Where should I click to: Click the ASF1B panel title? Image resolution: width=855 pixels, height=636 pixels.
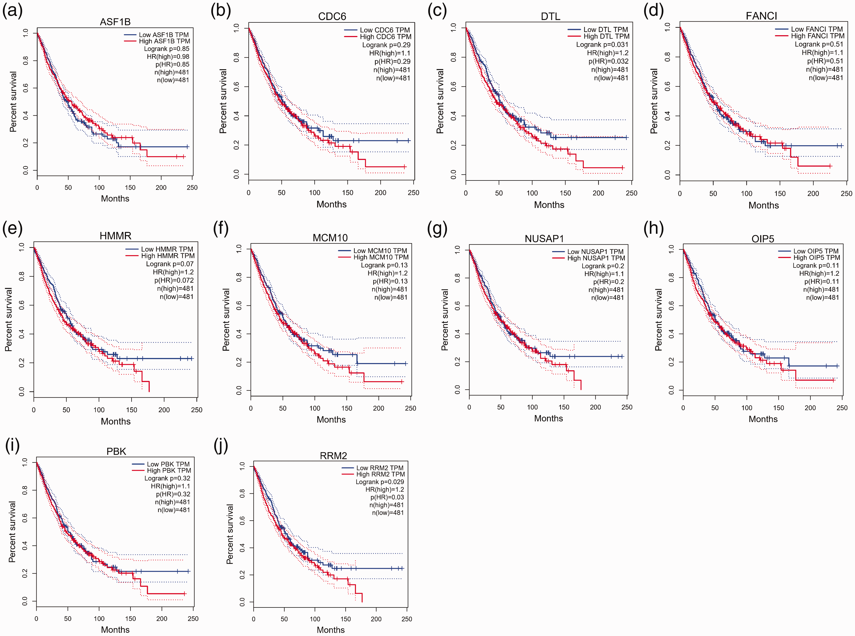[115, 22]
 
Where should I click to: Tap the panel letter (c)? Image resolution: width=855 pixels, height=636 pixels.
[437, 10]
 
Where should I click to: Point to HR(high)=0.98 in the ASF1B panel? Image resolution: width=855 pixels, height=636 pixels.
[168, 57]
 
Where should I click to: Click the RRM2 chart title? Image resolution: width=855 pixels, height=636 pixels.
[333, 456]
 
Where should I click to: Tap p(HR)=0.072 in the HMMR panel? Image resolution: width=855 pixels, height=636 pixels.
[174, 280]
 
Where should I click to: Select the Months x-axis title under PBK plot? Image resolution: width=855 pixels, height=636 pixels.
[115, 629]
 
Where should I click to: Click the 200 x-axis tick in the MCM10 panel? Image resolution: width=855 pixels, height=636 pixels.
[378, 408]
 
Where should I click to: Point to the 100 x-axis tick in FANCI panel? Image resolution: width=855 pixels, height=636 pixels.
[746, 193]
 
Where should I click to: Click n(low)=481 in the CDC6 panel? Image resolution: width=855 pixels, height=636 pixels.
[393, 78]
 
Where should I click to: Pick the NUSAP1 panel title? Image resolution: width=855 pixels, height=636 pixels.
[544, 239]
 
